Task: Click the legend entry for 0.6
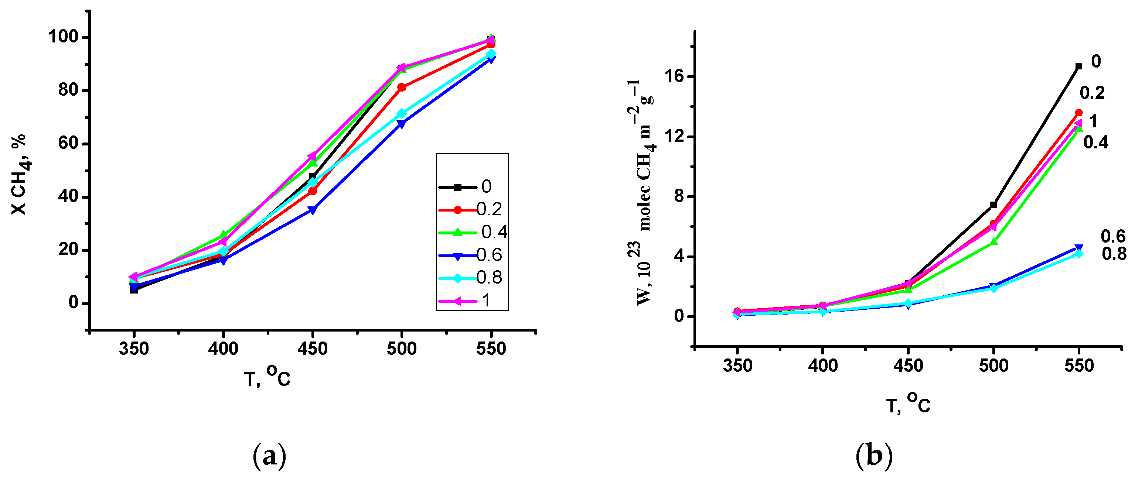pos(471,255)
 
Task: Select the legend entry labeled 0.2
pos(471,210)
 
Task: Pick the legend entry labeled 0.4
pos(471,232)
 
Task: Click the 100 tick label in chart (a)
pos(62,37)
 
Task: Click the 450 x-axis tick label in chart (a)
pos(313,349)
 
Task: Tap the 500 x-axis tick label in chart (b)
pos(993,366)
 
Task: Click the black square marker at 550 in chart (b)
pos(1078,66)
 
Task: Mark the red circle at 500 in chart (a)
pos(401,87)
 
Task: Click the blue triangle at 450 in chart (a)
pos(313,210)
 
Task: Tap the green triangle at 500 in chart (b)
pos(993,242)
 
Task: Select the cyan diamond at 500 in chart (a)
pos(401,114)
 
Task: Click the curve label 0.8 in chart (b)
pos(1114,254)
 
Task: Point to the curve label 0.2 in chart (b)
pos(1092,93)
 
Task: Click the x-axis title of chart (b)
pos(908,404)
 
